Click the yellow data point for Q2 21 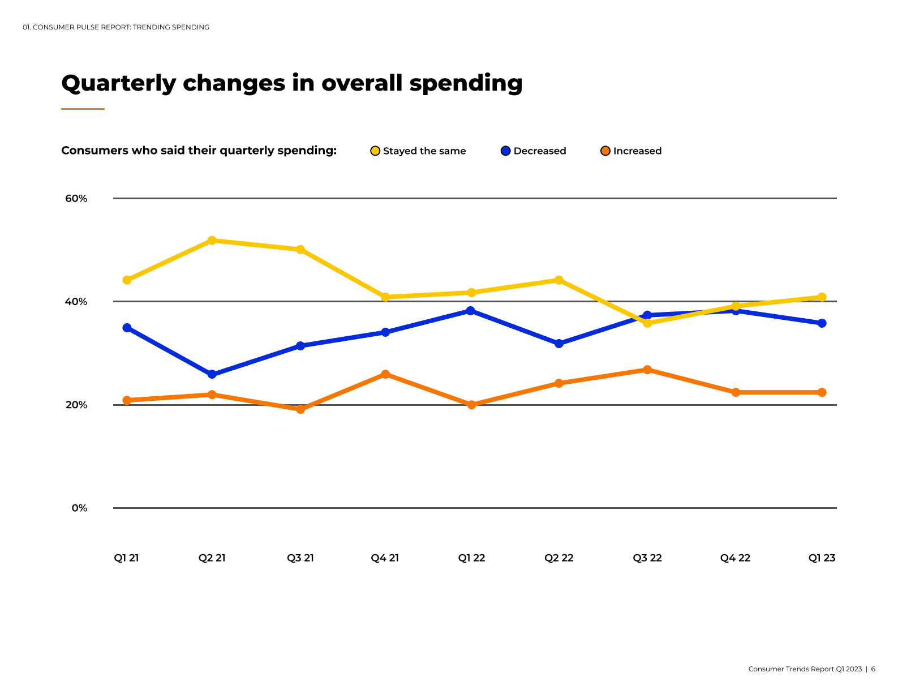tap(212, 241)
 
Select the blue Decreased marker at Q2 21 tap(212, 374)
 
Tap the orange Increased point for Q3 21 tap(300, 409)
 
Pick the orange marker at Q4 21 tap(385, 374)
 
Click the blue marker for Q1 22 tap(470, 311)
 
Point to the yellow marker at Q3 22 tap(647, 323)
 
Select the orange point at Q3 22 tap(647, 370)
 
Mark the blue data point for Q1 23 tap(822, 323)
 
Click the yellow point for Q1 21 tap(127, 280)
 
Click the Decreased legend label tap(539, 151)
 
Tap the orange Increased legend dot tap(605, 151)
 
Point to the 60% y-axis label tap(76, 199)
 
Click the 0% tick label tap(80, 508)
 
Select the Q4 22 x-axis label tap(735, 558)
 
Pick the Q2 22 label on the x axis tap(559, 558)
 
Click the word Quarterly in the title tap(119, 84)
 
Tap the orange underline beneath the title tap(83, 109)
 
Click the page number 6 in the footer tap(873, 669)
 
